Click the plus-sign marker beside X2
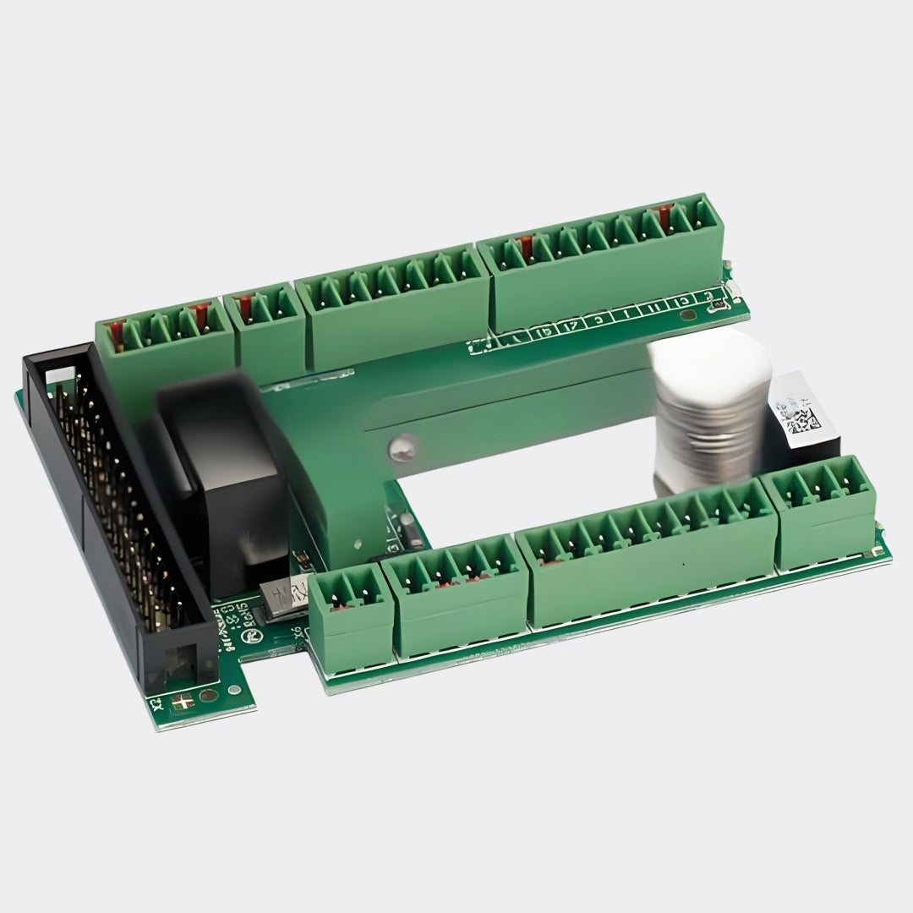pyautogui.click(x=182, y=701)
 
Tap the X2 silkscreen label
pyautogui.click(x=156, y=704)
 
